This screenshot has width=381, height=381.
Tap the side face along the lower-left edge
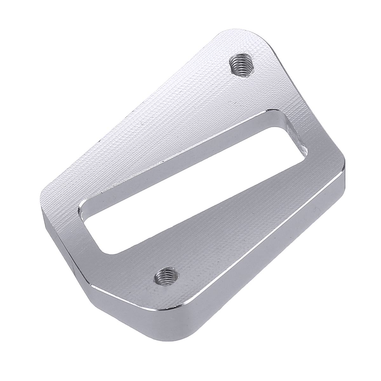click(x=63, y=241)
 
